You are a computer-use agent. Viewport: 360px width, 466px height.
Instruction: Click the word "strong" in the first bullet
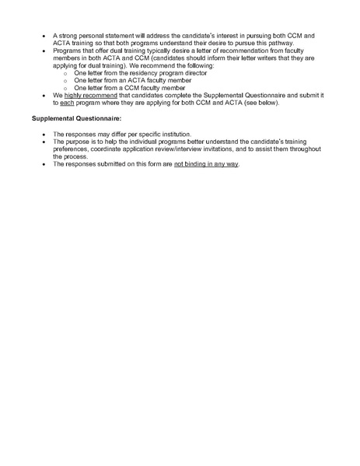[70, 36]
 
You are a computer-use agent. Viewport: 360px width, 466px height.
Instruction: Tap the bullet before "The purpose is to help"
[44, 142]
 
